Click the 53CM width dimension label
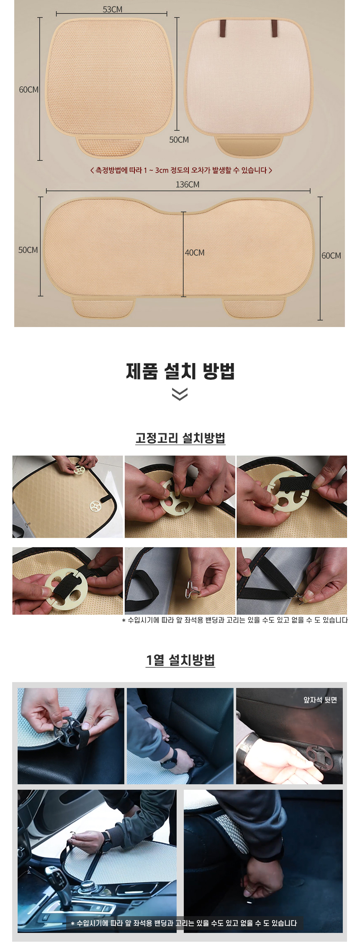[113, 9]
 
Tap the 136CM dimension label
[188, 184]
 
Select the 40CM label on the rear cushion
[195, 252]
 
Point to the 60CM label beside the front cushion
[28, 90]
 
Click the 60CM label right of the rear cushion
[331, 255]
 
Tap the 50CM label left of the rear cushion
[28, 250]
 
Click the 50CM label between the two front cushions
[179, 139]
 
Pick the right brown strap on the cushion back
[274, 28]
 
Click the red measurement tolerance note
[181, 170]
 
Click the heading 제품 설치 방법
[180, 371]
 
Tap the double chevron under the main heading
[180, 394]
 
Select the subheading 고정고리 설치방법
[180, 438]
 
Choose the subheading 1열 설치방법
[180, 660]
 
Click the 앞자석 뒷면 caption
[320, 700]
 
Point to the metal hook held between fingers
[191, 590]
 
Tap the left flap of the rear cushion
[103, 307]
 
